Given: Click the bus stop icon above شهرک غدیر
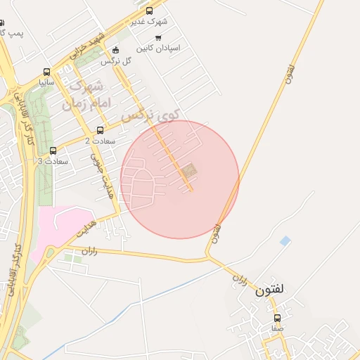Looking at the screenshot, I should point(149,10).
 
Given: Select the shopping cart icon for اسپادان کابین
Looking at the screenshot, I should point(158,38).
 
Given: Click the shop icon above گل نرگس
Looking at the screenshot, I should point(116,50).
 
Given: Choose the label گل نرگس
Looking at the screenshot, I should point(117,61).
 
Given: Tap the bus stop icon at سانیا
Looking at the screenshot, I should point(46,72).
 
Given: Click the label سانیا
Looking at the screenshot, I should point(47,83).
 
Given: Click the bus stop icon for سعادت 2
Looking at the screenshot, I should point(100,130).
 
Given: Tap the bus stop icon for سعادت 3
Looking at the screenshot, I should point(53,150).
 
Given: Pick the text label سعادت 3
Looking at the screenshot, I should point(53,161).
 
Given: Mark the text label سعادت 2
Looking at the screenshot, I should point(97,141).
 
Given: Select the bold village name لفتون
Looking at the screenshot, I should point(269,289).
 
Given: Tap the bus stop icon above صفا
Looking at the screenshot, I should point(277,318).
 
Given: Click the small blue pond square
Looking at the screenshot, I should point(285,241).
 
